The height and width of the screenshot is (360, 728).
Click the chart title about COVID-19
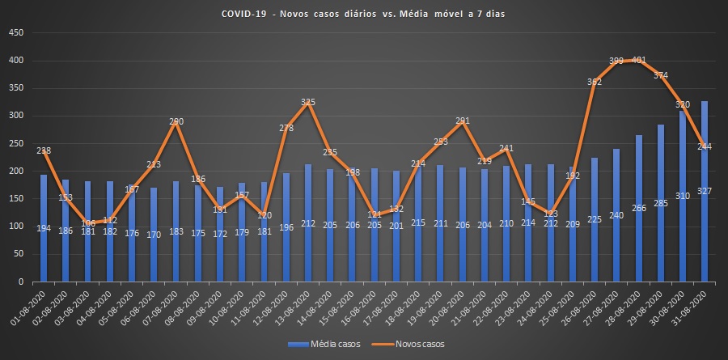[364, 15]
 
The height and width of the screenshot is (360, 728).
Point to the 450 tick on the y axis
[15, 33]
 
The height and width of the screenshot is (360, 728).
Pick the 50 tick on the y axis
[18, 255]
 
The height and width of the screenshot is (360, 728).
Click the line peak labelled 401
[637, 61]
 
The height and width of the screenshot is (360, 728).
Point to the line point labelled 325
[307, 103]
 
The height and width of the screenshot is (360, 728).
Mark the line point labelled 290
[176, 122]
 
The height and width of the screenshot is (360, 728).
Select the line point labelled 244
[704, 147]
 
